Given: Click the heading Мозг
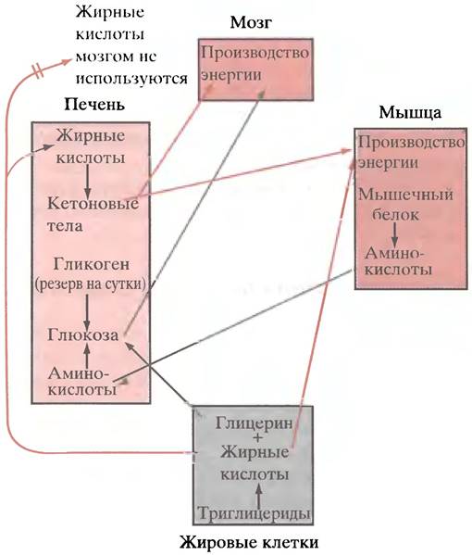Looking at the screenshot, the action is click(x=251, y=23).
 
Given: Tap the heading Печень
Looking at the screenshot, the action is click(x=94, y=105).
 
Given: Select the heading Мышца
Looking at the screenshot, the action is click(x=410, y=113).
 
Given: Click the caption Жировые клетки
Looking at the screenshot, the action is click(x=249, y=542).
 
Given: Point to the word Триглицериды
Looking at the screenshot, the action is click(x=255, y=513).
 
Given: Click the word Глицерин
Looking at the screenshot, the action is click(x=255, y=423).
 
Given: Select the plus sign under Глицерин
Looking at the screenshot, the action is click(x=257, y=438).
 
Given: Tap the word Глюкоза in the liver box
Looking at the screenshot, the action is click(x=82, y=334).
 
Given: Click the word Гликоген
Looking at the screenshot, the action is click(x=92, y=264).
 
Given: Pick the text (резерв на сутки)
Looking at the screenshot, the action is click(x=91, y=284).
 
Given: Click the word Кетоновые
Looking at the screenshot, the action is click(x=93, y=204).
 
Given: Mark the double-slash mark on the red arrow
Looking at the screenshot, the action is click(x=39, y=70).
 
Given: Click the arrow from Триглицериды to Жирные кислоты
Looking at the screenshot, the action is click(x=258, y=496).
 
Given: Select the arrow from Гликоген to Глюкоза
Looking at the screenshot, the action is click(x=87, y=310).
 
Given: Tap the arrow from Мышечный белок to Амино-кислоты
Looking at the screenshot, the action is click(x=394, y=235).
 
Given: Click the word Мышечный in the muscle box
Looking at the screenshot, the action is click(x=405, y=195).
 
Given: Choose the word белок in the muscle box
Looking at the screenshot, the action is click(x=395, y=215).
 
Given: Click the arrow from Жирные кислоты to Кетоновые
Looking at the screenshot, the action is click(x=87, y=182).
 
